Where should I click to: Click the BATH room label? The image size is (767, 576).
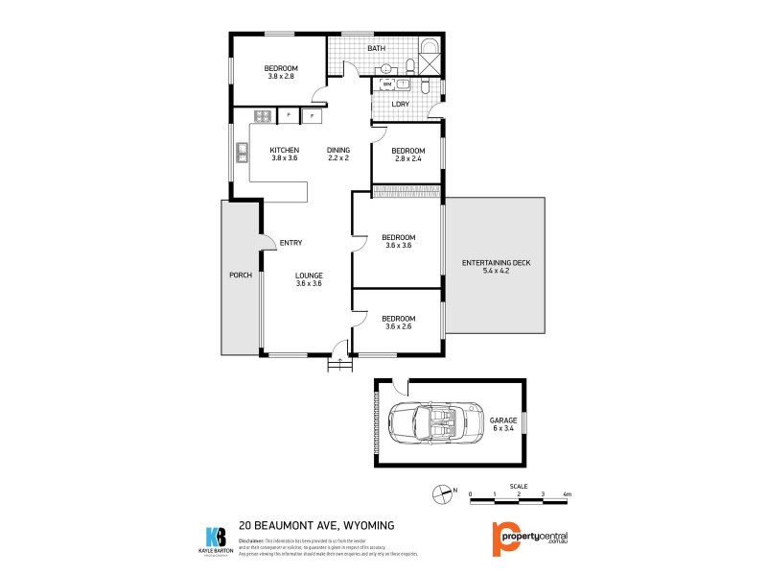coord(376,48)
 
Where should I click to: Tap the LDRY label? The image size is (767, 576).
coord(401,104)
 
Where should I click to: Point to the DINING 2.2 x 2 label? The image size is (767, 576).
coord(337,154)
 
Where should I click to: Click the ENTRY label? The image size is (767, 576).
coord(291,242)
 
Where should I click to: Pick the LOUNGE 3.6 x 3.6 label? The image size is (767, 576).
coord(309,279)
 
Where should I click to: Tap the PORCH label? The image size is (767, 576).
coord(240,276)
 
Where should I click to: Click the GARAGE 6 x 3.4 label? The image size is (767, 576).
coord(504,424)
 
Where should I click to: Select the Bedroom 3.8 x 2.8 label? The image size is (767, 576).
coord(281,72)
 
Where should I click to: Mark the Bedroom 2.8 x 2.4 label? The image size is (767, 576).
coord(407,155)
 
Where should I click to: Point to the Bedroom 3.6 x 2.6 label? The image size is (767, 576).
coord(398,323)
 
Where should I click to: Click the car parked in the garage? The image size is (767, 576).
coord(430,421)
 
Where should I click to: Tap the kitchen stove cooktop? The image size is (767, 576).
coord(262,117)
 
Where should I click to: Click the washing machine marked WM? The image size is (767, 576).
coord(387,84)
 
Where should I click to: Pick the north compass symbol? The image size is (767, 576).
coord(442,494)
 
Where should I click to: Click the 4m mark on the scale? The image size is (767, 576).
coord(568,494)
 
